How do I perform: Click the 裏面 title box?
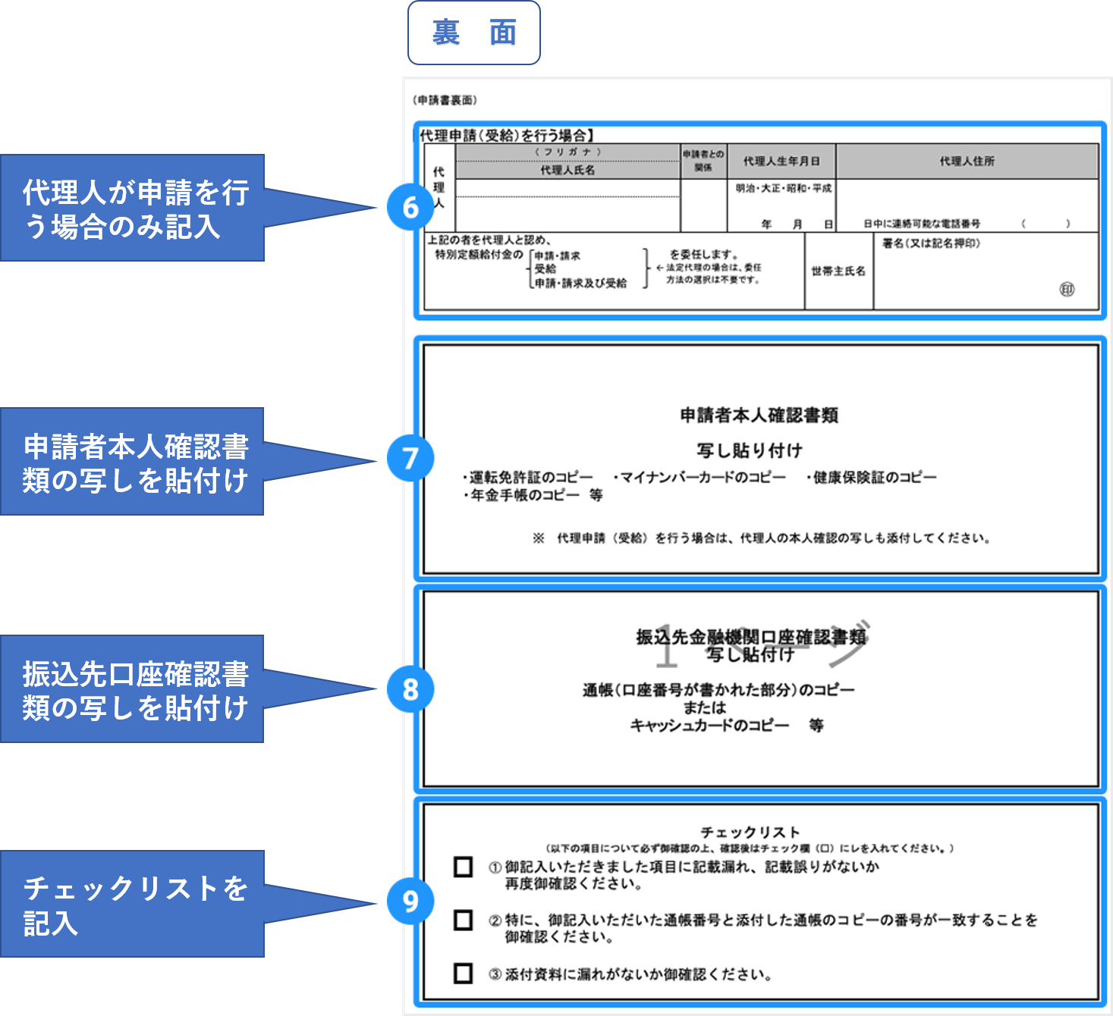click(474, 33)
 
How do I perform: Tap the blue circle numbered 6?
click(410, 207)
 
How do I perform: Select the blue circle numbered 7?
click(410, 458)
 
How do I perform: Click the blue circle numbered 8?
click(410, 689)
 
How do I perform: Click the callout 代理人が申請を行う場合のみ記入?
click(133, 209)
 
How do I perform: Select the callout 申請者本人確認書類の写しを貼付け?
click(133, 462)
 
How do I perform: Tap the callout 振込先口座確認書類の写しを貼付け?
click(133, 689)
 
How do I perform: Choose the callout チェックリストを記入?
click(133, 904)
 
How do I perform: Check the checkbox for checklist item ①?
click(463, 867)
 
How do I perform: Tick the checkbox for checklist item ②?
click(463, 920)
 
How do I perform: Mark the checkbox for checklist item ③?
click(463, 974)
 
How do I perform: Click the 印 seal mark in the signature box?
click(1067, 290)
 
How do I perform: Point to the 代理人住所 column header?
click(967, 161)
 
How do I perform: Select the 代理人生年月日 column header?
click(781, 161)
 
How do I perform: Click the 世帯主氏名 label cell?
click(838, 271)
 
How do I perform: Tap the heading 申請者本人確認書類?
click(759, 415)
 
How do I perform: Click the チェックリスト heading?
click(750, 832)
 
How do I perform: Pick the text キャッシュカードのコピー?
click(709, 726)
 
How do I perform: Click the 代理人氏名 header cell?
click(568, 171)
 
